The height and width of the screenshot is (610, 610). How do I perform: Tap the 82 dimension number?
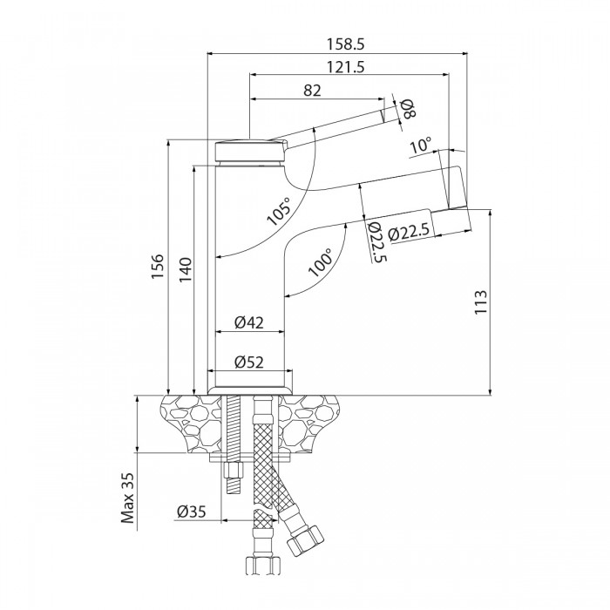point(314,90)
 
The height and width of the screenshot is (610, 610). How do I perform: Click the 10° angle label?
point(421,146)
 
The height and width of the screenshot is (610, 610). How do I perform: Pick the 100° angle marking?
point(319,263)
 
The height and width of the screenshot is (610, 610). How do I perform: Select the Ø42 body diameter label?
point(249,322)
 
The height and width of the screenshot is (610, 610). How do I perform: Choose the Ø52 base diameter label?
point(249,363)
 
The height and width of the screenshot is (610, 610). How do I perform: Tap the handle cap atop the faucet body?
point(249,150)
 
